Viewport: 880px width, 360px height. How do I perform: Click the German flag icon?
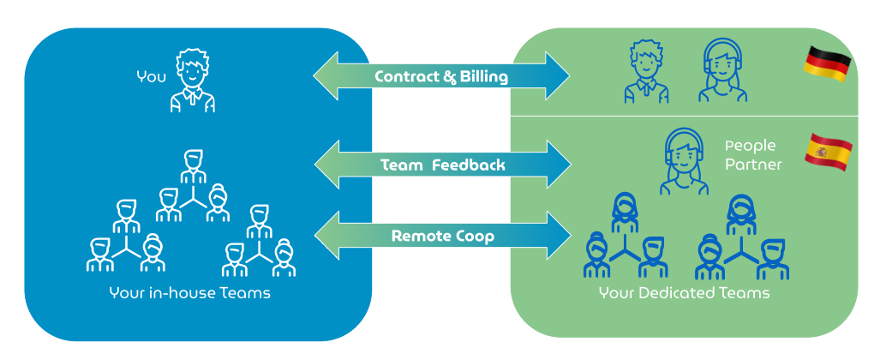[x=827, y=64]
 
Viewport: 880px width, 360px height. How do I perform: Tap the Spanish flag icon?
[x=828, y=151]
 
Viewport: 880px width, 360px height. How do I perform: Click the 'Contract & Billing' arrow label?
[x=441, y=77]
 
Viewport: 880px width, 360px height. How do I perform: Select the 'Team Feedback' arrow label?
[x=442, y=165]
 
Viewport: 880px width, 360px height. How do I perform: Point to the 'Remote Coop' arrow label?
[x=442, y=236]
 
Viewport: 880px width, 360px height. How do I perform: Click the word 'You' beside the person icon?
[x=151, y=77]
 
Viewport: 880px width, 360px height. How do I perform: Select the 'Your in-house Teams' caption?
[x=189, y=293]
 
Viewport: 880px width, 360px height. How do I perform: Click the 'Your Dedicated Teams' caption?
[x=684, y=293]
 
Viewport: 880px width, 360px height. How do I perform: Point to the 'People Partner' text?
[x=753, y=154]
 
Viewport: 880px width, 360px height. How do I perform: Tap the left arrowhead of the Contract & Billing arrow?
[x=326, y=77]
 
